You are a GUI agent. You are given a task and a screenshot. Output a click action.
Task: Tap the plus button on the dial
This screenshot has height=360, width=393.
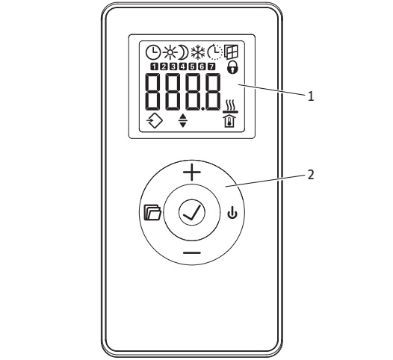192,172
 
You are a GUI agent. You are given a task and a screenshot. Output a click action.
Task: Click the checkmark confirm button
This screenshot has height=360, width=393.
192,212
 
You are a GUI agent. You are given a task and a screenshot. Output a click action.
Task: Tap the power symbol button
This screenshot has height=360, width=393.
232,212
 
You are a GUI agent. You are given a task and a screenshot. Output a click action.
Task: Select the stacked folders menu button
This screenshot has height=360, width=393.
152,212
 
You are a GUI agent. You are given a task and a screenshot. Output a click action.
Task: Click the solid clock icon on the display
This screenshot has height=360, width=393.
153,52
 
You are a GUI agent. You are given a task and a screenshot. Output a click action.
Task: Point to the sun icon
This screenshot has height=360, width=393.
170,52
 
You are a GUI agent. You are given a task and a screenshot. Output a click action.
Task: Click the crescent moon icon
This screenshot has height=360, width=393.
184,52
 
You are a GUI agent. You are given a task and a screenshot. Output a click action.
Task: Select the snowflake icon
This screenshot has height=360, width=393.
198,52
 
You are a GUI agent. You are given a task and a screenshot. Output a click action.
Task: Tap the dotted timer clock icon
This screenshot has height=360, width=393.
215,52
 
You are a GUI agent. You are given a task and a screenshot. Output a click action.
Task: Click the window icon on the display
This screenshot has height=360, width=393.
231,52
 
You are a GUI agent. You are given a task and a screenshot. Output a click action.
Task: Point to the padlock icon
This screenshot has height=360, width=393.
232,67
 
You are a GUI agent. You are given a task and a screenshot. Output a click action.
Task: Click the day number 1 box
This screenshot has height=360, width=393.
155,66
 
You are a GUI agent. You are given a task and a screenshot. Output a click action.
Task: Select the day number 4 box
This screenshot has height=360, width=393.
183,66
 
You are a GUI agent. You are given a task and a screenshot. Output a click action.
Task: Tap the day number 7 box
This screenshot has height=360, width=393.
211,66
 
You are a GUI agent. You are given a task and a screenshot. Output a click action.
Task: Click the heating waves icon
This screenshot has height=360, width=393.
230,106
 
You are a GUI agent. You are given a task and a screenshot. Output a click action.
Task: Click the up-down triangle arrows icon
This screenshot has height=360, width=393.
183,120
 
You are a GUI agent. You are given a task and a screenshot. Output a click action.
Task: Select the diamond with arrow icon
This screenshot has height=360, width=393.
155,121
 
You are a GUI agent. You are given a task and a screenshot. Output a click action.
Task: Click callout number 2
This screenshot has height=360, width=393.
311,175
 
